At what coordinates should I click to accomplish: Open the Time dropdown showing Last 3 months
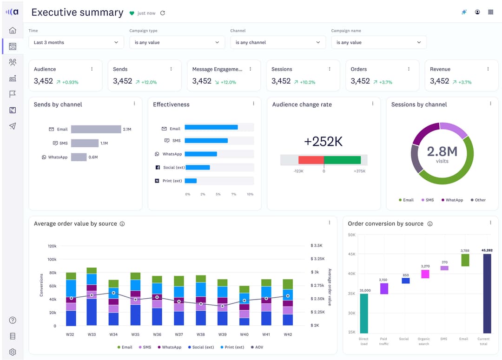pos(76,42)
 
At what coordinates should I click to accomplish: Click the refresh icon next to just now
pos(162,13)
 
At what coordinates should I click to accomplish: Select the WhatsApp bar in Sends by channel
pos(79,157)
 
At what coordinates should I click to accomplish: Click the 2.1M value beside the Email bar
pos(127,129)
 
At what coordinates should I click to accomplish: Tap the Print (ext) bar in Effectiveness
pos(191,181)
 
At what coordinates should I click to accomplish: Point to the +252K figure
pos(323,142)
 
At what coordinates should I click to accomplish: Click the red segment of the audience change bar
pos(311,160)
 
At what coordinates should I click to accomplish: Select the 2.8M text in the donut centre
pos(442,151)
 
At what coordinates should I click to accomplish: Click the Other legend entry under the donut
pos(478,200)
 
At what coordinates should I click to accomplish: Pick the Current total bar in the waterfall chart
pos(487,293)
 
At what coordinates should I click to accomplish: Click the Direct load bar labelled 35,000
pos(363,313)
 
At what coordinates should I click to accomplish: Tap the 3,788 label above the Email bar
pos(465,250)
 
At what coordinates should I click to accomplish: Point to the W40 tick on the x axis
pos(244,334)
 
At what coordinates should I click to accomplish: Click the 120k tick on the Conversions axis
pos(52,246)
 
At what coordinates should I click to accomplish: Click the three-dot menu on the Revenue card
pos(488,69)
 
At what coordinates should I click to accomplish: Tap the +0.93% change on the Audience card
pos(70,82)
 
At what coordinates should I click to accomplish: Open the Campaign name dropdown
pos(378,42)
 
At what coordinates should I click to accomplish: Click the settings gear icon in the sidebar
pos(13,352)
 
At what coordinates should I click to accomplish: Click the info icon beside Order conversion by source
pos(430,224)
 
